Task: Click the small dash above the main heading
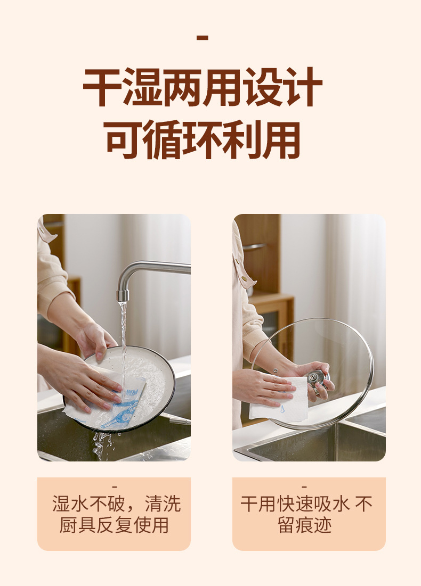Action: [x=202, y=38]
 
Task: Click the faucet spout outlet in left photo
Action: [x=123, y=295]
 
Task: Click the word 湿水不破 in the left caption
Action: [x=88, y=504]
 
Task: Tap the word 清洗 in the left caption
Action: [x=163, y=504]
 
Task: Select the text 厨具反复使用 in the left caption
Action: [x=114, y=525]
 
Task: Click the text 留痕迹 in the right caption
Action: [x=305, y=525]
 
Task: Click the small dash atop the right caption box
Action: [x=304, y=487]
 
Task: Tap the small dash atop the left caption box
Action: [x=114, y=487]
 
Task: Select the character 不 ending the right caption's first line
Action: [x=364, y=504]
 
